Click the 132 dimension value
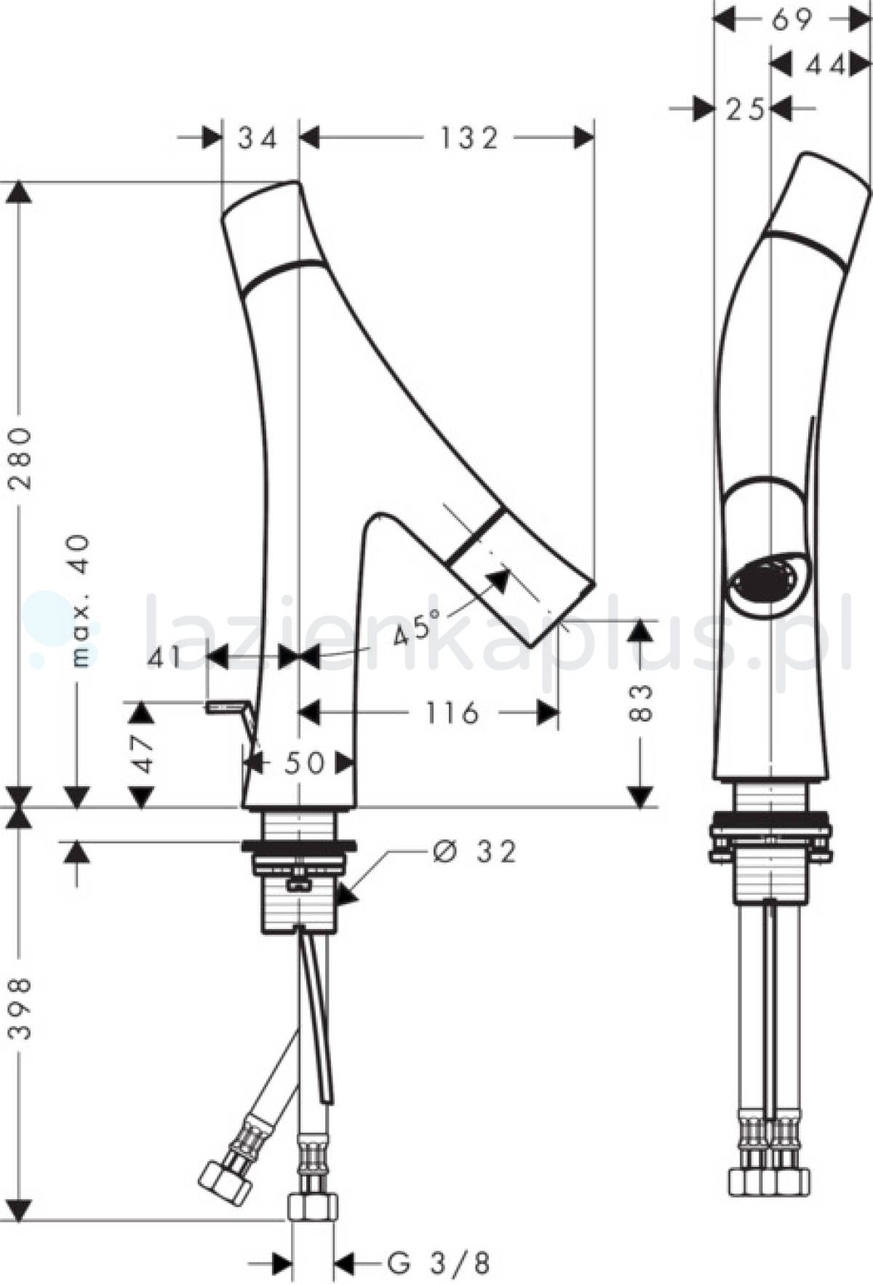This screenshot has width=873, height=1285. [469, 138]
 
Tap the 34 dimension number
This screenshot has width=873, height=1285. [258, 138]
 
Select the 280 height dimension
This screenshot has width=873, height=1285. [20, 459]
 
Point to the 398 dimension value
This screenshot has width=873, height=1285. [20, 1008]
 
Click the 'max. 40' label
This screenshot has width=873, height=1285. [81, 601]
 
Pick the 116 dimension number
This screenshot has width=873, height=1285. [452, 713]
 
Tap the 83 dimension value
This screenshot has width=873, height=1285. [640, 703]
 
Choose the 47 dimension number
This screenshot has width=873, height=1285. [143, 753]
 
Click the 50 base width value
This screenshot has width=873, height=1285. [304, 763]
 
